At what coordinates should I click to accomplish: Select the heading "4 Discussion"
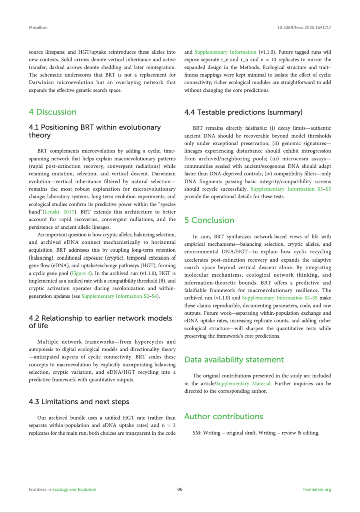click(52, 112)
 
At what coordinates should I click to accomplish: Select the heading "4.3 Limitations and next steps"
click(79, 401)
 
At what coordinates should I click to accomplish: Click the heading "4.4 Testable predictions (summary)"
click(244, 112)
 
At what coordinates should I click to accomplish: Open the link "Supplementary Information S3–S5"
click(283, 189)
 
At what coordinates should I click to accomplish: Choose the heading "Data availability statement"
click(233, 359)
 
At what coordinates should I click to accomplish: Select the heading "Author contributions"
click(223, 416)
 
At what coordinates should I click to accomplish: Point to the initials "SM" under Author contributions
click(197, 432)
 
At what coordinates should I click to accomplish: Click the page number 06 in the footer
click(180, 489)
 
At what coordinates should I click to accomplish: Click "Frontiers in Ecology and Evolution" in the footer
click(62, 489)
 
